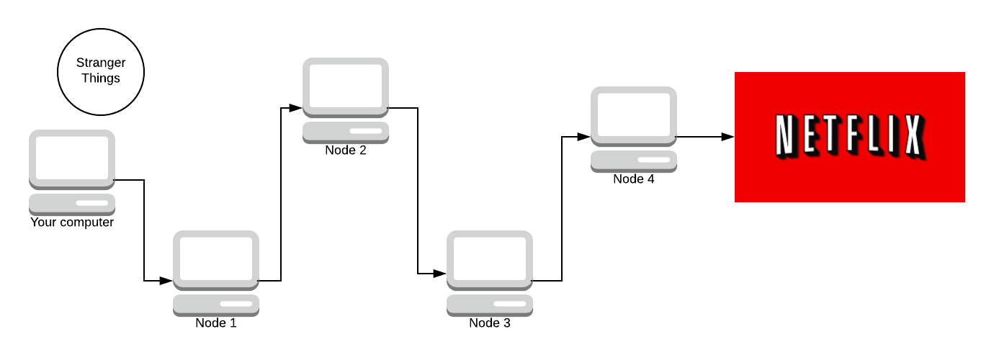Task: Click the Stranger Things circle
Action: click(101, 71)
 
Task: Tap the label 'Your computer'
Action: click(72, 222)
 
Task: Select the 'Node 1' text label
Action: click(216, 323)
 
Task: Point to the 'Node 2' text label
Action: click(346, 150)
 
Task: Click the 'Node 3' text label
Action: click(490, 323)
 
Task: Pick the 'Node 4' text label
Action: click(634, 179)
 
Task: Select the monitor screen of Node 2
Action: click(346, 87)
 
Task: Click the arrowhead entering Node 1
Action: click(167, 281)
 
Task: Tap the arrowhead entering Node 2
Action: click(296, 108)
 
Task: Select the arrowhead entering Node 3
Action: click(440, 274)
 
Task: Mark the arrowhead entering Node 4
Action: click(584, 137)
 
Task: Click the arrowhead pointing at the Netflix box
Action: click(728, 137)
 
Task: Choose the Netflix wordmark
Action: click(849, 136)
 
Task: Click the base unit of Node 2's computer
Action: click(346, 132)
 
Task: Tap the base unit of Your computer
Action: click(72, 204)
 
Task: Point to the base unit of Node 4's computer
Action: click(634, 161)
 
